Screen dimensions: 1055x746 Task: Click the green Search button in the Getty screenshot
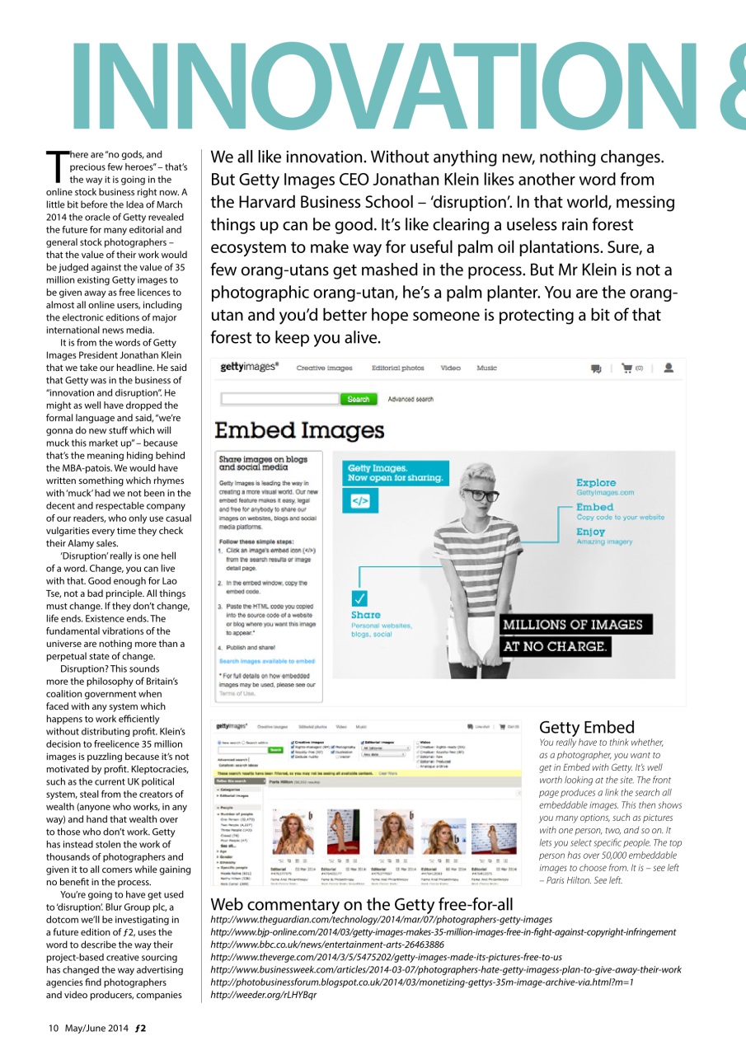coord(358,399)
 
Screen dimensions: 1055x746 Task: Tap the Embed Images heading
coord(299,430)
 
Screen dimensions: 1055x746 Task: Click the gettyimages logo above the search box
coord(250,368)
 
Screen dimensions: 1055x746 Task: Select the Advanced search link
coord(411,399)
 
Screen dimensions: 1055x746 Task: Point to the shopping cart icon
coord(627,368)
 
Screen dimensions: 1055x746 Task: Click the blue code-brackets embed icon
coord(361,499)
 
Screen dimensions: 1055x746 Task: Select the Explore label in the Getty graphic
coord(596,482)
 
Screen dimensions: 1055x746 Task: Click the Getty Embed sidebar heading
coord(586,727)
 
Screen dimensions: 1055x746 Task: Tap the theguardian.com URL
coord(382,919)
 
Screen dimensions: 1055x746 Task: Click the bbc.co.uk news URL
coord(329,945)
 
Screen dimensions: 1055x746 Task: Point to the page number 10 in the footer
coord(53,1028)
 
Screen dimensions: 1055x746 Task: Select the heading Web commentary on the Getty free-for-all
coord(362,904)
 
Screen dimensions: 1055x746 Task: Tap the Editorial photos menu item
coord(398,368)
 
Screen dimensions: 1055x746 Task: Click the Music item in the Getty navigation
coord(486,368)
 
